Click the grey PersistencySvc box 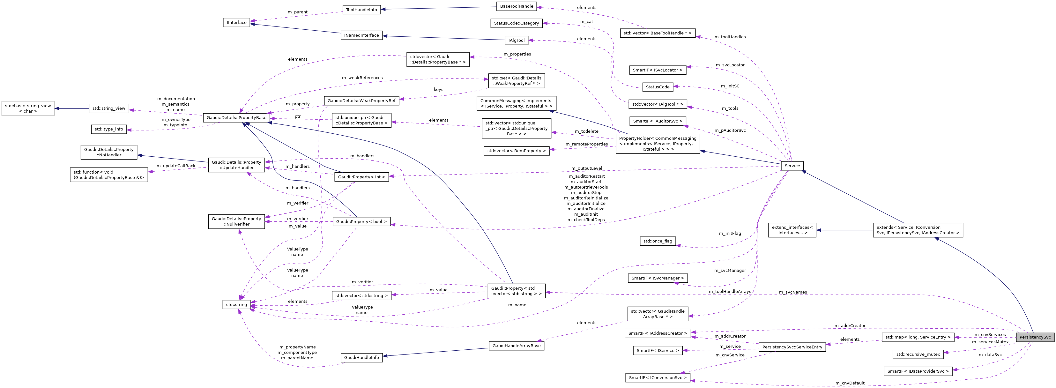1035,337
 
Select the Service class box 792,166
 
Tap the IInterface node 236,23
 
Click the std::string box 236,304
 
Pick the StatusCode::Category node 516,23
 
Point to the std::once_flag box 658,241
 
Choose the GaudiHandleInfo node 361,358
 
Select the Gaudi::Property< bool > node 361,221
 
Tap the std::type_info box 109,129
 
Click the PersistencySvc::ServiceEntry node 792,347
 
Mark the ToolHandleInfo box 361,10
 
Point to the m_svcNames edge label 793,292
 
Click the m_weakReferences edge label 362,78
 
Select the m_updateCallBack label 176,166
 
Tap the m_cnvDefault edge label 850,383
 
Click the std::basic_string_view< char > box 28,108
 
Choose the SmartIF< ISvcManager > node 658,278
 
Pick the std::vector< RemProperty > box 516,151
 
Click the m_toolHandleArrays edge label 730,291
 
